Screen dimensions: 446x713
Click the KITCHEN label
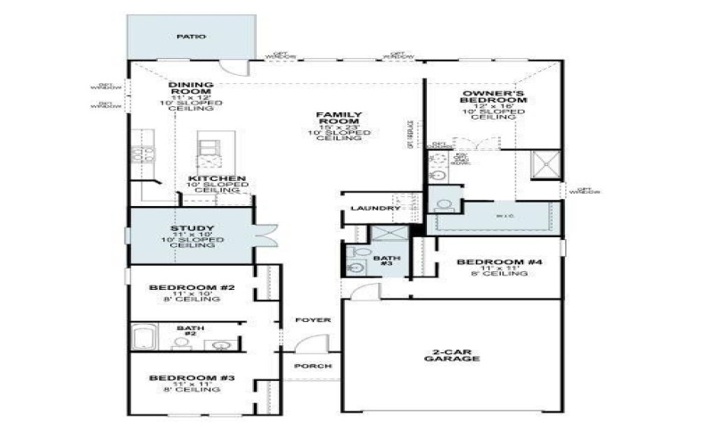(217, 179)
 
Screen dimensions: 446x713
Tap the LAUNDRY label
(372, 209)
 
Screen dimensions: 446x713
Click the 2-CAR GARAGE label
(451, 354)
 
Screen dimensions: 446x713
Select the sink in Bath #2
(221, 344)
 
